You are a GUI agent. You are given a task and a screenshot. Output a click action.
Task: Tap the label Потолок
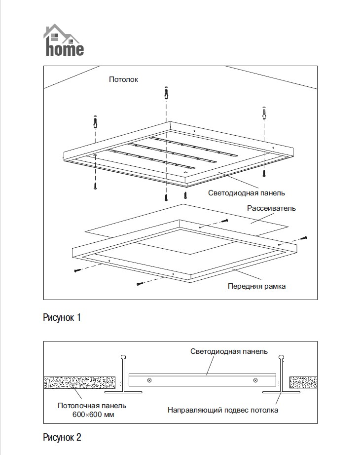coord(124,79)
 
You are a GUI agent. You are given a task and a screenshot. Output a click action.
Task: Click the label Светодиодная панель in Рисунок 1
coord(247,193)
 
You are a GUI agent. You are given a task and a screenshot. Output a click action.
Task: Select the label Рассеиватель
coord(272,208)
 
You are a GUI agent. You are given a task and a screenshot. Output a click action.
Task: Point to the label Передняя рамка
coord(256,286)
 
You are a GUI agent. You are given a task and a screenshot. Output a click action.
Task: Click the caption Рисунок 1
coord(62,317)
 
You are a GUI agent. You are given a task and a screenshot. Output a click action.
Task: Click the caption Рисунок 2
coord(62,437)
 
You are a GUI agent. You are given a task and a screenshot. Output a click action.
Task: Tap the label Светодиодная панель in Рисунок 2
coord(229,351)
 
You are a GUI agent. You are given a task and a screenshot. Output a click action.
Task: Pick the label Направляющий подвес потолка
coord(223,410)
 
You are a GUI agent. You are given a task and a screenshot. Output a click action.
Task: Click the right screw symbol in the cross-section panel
coord(255,380)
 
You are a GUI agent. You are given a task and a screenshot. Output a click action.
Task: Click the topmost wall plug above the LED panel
coord(166,92)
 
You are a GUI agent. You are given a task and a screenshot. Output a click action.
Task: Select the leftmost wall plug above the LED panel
coord(95,120)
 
